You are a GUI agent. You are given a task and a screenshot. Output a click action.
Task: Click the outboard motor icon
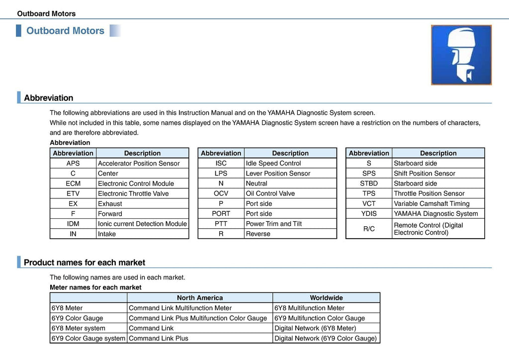[x=461, y=55]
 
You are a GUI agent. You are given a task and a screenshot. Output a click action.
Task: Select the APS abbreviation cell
[x=73, y=163]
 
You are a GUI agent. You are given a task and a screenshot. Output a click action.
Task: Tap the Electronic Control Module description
[x=136, y=183]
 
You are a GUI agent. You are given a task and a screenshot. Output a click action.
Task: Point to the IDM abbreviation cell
[x=73, y=224]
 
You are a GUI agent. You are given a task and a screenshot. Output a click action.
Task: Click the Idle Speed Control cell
[x=273, y=163]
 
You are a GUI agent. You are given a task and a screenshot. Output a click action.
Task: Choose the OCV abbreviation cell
[x=221, y=193]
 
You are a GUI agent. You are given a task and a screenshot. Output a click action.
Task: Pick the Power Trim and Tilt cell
[x=274, y=224]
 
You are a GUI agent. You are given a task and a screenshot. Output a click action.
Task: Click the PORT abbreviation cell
[x=221, y=214]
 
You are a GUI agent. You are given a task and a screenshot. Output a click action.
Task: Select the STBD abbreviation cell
[x=369, y=183]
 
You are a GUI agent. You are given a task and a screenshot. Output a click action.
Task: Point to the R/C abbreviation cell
[x=369, y=229]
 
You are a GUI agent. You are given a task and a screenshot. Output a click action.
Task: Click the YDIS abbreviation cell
[x=369, y=214]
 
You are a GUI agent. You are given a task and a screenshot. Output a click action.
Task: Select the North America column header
[x=200, y=298]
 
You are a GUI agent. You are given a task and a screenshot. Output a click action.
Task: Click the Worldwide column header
[x=326, y=298]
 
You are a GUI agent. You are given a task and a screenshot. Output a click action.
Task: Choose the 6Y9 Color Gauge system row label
[x=88, y=338]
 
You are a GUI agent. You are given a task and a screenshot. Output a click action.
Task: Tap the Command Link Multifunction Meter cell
[x=180, y=308]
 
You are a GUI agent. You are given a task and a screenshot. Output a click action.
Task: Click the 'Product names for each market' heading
[x=85, y=263]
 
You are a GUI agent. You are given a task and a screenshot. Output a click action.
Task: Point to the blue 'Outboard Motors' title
[x=65, y=31]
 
